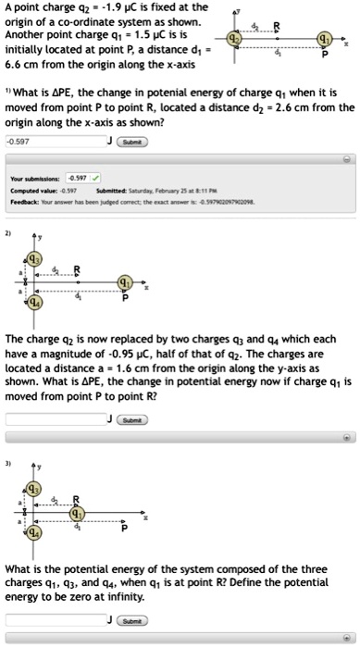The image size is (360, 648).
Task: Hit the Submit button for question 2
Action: [x=134, y=418]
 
